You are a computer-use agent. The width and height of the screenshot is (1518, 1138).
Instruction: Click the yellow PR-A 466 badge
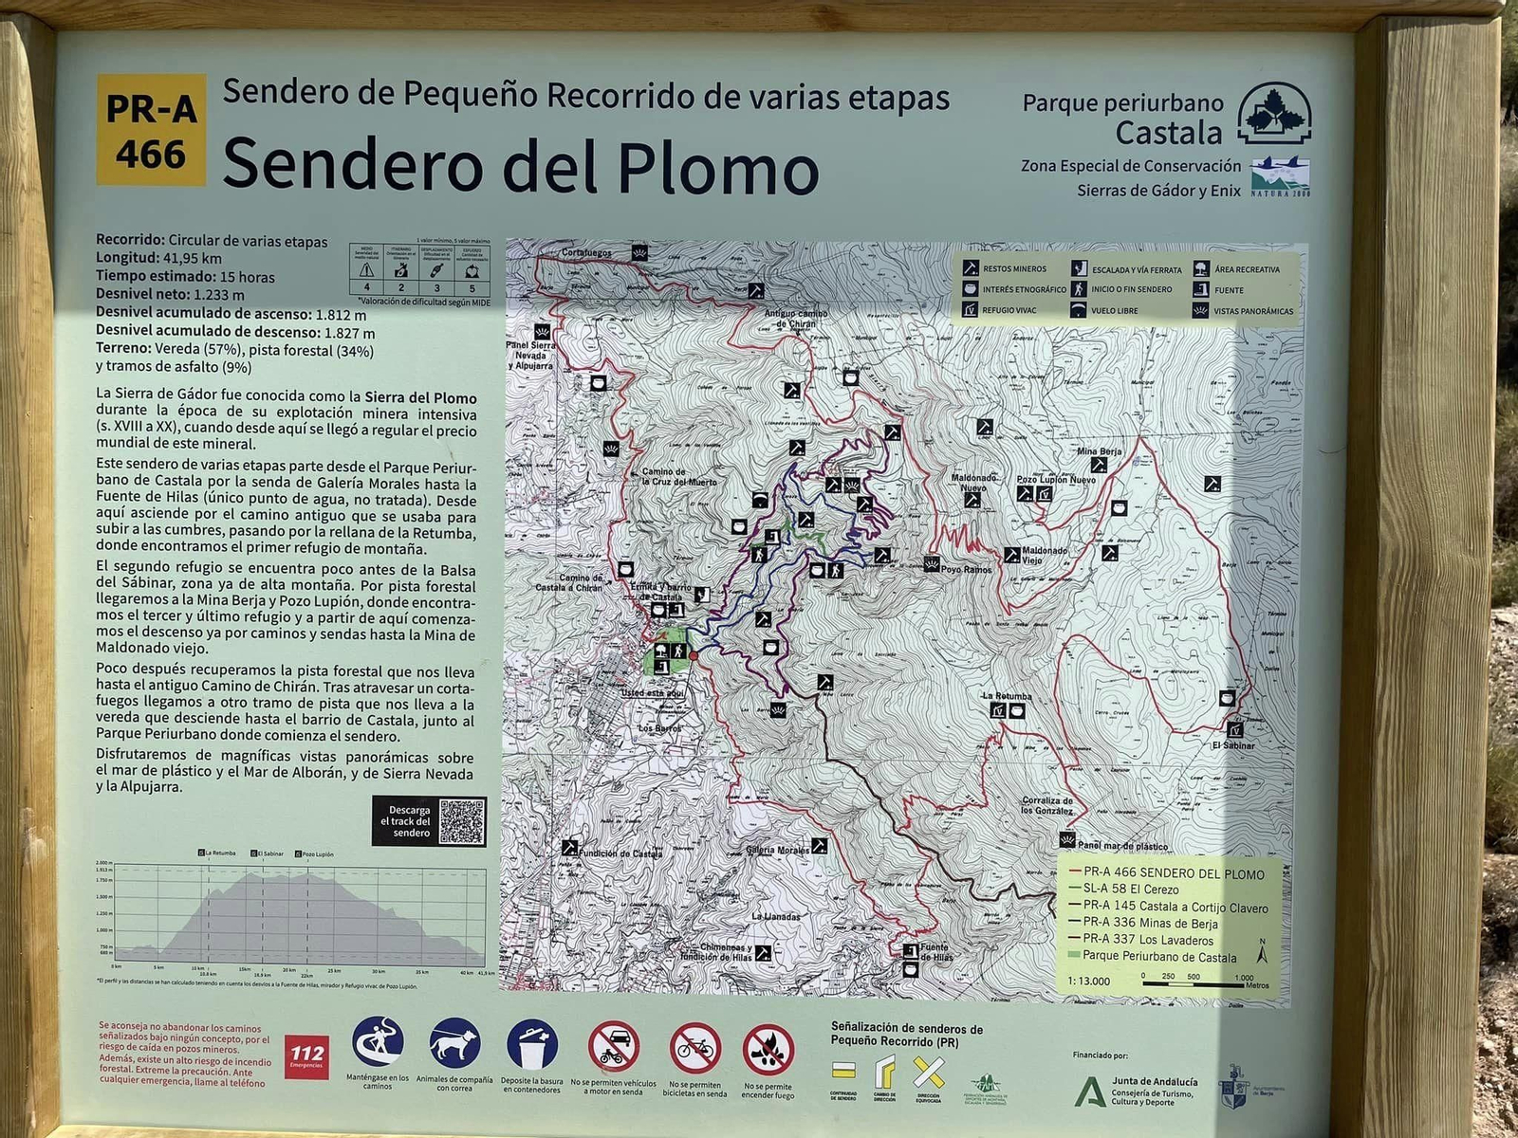pyautogui.click(x=151, y=130)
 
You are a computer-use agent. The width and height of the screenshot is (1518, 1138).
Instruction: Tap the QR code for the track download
pyautogui.click(x=462, y=821)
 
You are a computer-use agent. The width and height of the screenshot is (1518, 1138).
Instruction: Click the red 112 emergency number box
pyautogui.click(x=306, y=1055)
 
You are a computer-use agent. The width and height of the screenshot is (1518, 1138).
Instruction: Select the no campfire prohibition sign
pyautogui.click(x=768, y=1049)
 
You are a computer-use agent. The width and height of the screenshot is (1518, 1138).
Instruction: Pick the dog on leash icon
pyautogui.click(x=454, y=1044)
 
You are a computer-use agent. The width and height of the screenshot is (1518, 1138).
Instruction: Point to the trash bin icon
pyautogui.click(x=532, y=1044)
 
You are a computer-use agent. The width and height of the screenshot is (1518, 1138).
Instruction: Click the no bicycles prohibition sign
pyautogui.click(x=695, y=1048)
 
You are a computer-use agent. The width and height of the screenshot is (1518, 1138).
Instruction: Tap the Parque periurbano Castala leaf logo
pyautogui.click(x=1274, y=114)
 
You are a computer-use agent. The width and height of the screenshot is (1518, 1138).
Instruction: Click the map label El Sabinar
pyautogui.click(x=1232, y=745)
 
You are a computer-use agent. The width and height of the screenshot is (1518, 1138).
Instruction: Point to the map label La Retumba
pyautogui.click(x=1007, y=696)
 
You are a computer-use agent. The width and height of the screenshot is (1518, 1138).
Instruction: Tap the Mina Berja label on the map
pyautogui.click(x=1099, y=452)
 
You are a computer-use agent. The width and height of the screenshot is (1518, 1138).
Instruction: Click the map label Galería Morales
pyautogui.click(x=777, y=850)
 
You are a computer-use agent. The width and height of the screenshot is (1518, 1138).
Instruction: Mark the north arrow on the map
pyautogui.click(x=1262, y=951)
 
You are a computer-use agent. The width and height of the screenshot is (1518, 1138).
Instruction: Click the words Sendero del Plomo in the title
pyautogui.click(x=520, y=165)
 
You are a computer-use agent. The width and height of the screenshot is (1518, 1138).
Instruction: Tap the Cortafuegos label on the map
pyautogui.click(x=586, y=253)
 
